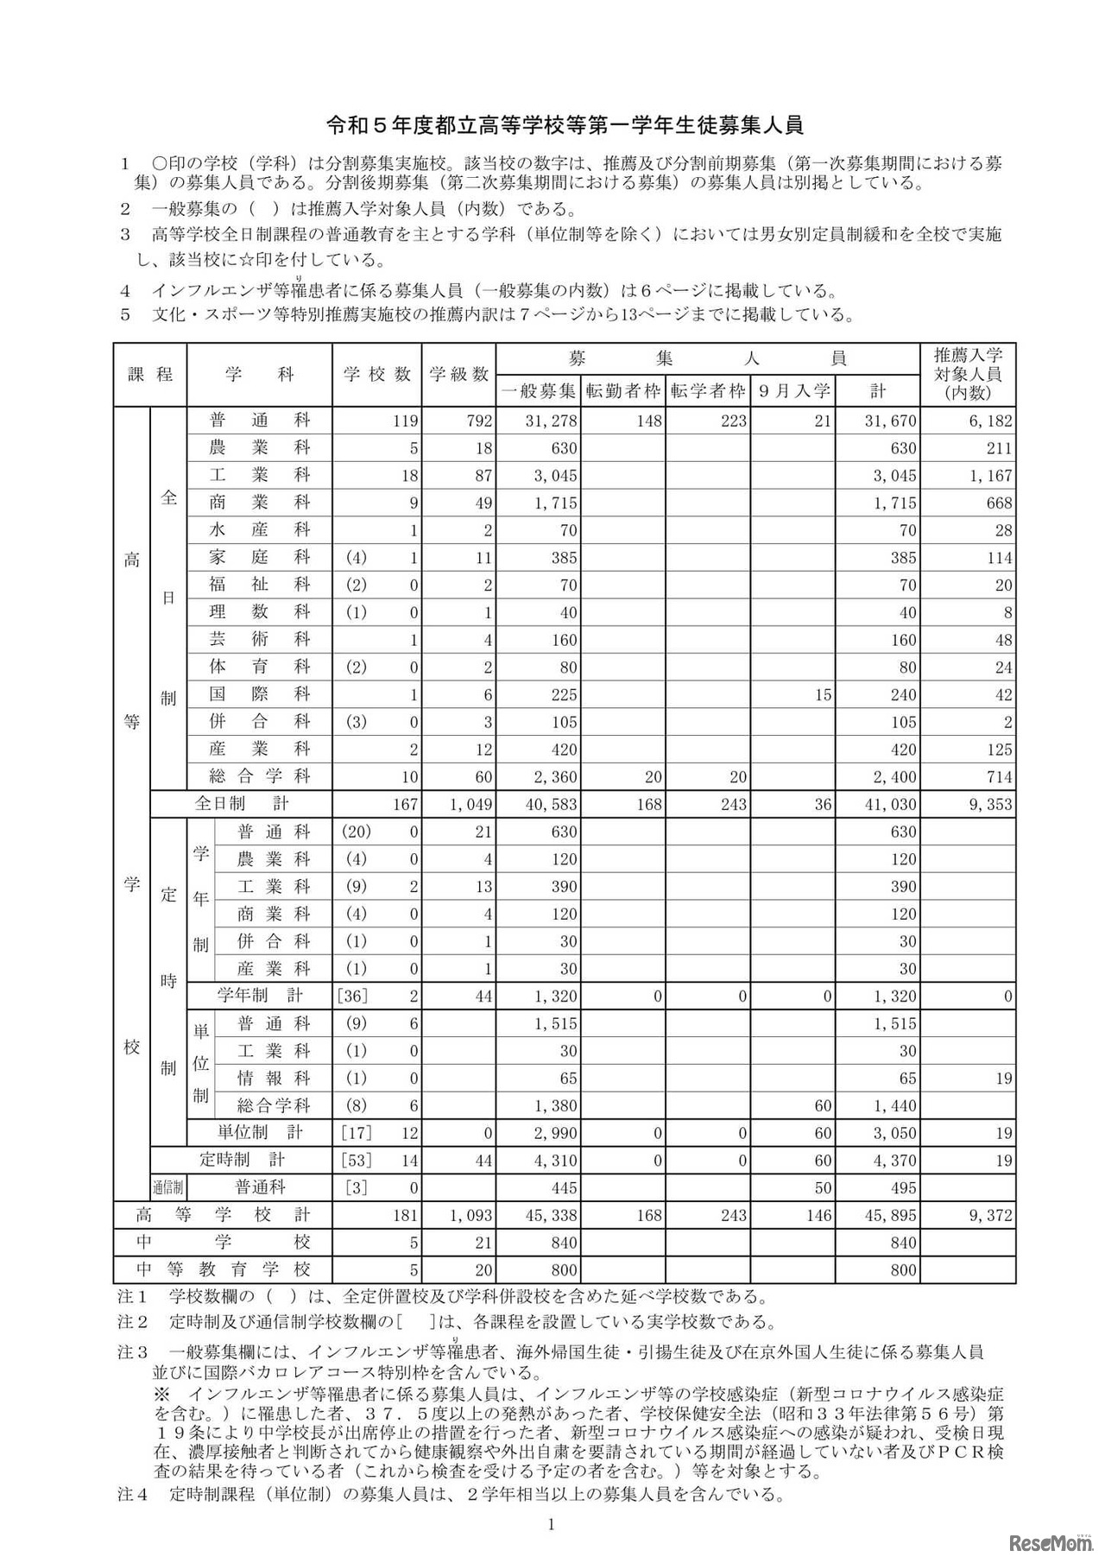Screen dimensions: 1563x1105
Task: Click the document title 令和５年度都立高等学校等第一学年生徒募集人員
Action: pos(565,125)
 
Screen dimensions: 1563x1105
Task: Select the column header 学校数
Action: pos(377,374)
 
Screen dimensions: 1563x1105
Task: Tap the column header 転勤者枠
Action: pos(623,390)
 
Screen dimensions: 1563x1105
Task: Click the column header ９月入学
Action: pos(794,390)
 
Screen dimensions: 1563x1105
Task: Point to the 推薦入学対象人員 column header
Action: pos(967,374)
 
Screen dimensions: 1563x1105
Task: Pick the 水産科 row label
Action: pos(259,529)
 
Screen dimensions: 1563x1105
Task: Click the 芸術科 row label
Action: pos(259,639)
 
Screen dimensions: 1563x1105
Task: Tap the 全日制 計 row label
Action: pos(241,803)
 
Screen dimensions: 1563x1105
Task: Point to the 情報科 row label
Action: pos(273,1078)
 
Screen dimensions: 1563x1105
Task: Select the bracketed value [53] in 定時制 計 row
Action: pos(355,1161)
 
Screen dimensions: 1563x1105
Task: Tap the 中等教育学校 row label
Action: pos(223,1269)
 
